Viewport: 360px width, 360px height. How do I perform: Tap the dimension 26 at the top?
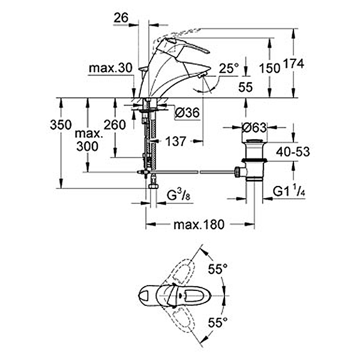(121, 19)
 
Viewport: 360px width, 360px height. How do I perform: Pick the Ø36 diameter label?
(187, 112)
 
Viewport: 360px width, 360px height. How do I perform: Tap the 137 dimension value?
(176, 142)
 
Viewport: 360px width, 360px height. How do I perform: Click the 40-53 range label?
(292, 152)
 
